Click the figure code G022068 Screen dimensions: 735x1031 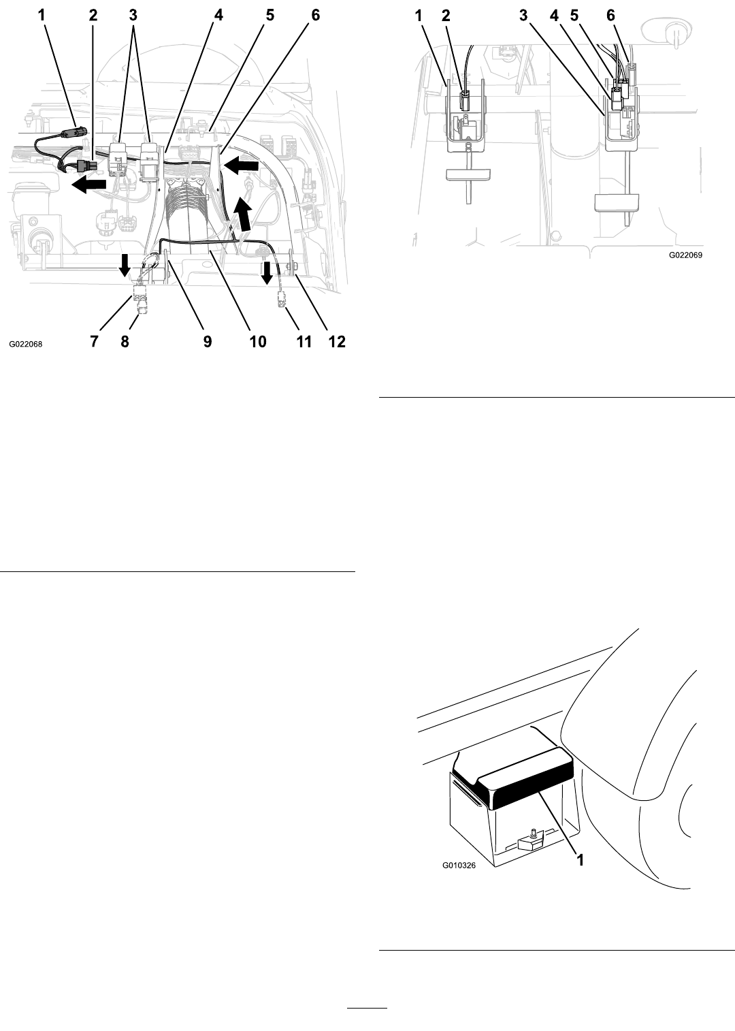[x=25, y=344]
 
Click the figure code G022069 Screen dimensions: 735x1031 [x=685, y=255]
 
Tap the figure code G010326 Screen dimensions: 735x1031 [x=459, y=866]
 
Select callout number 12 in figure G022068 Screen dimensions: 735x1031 [x=336, y=342]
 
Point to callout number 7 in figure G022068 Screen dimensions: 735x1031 [x=94, y=342]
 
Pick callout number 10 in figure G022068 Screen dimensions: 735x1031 [x=257, y=342]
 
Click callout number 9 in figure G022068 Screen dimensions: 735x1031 [x=208, y=342]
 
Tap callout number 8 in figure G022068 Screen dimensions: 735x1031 [x=125, y=342]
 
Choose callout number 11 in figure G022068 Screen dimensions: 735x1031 [x=304, y=342]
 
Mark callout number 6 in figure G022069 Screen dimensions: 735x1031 [x=610, y=16]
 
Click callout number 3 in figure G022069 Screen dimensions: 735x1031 [x=523, y=16]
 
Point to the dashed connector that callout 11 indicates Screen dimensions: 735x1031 [x=280, y=300]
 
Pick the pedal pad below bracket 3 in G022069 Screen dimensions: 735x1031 [x=617, y=202]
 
